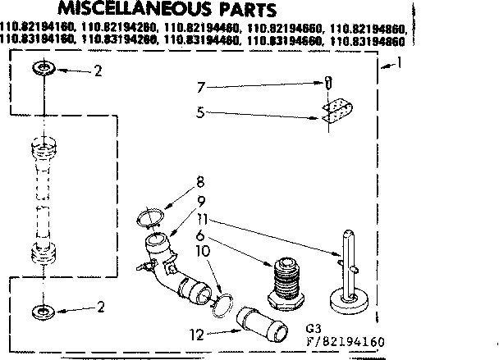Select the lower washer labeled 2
pyautogui.click(x=43, y=311)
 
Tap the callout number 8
pyautogui.click(x=200, y=182)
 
